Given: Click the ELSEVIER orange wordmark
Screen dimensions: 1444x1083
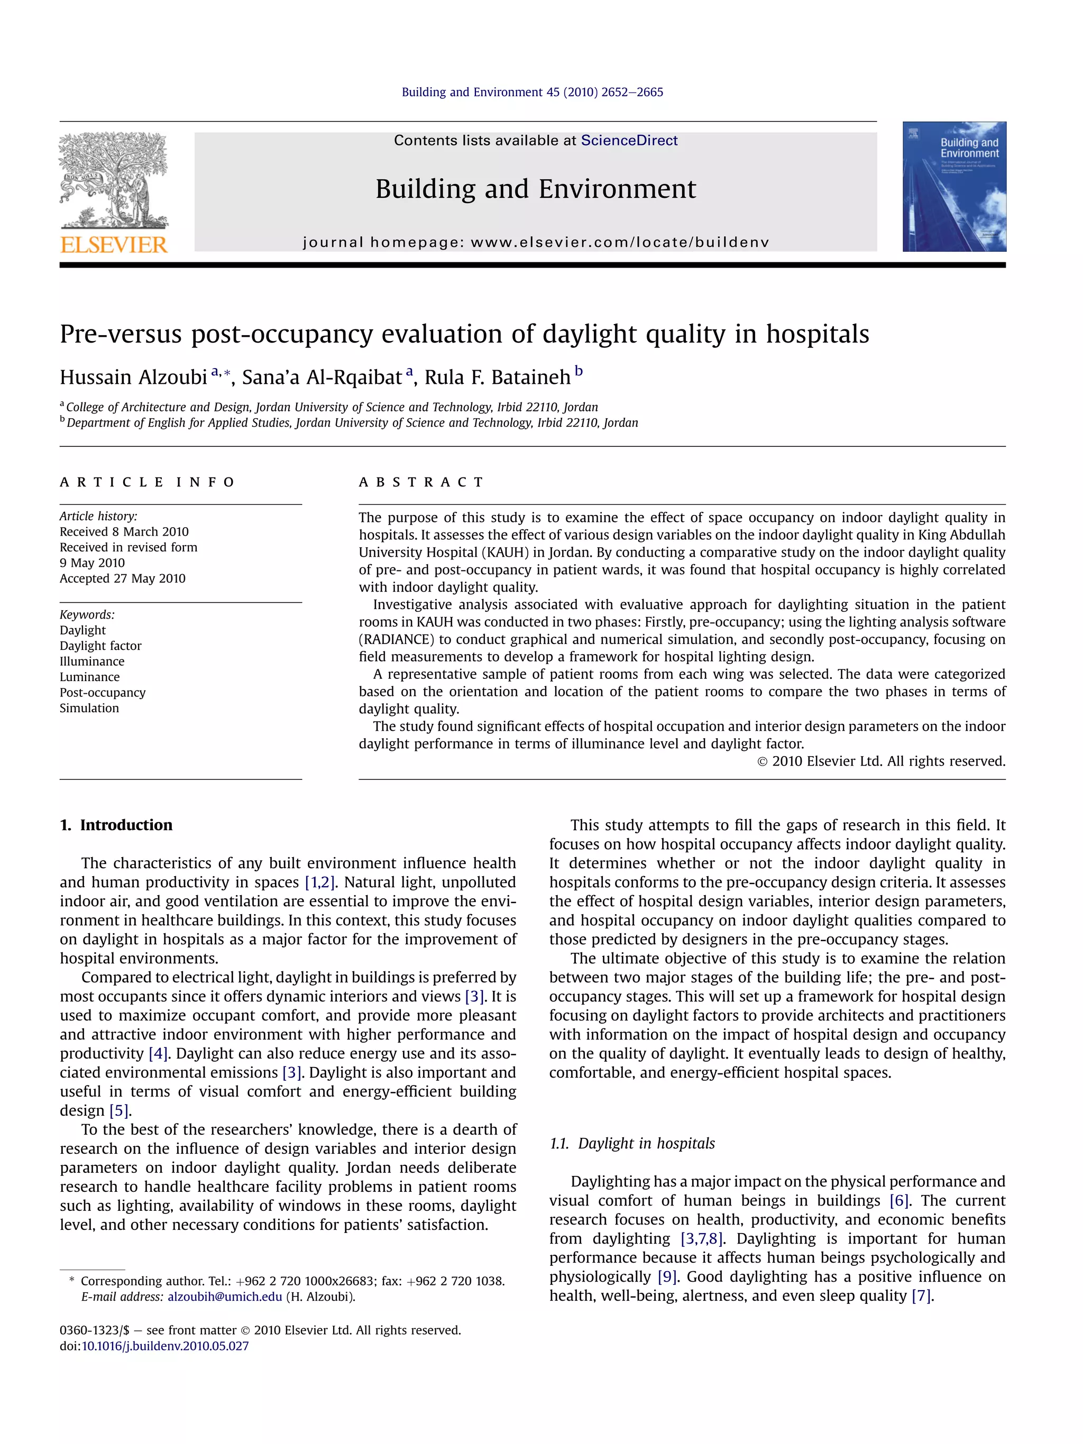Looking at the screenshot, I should (x=114, y=245).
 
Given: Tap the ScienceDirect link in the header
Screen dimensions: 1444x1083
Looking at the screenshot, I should (x=629, y=140).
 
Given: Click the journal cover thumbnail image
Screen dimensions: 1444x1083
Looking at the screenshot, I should (x=954, y=187).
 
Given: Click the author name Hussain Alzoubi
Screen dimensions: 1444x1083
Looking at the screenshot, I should (x=133, y=378).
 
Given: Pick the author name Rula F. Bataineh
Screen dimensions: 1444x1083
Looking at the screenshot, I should (x=498, y=378).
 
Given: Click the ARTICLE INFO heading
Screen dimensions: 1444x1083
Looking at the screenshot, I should (x=147, y=482).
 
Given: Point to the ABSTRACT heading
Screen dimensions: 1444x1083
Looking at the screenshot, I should (x=421, y=482).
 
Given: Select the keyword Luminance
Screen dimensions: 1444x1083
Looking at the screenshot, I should (x=89, y=677).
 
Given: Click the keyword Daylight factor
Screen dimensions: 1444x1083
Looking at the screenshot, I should (x=100, y=646).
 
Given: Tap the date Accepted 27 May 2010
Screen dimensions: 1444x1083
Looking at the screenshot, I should (x=122, y=578).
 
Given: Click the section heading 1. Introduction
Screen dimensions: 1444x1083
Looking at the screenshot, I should (x=116, y=825).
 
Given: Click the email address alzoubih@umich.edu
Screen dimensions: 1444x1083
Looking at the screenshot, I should (x=225, y=1296).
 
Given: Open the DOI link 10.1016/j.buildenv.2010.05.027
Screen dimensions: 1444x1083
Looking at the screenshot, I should (x=164, y=1346).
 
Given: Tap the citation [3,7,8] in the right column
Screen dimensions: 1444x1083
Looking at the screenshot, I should (x=701, y=1238).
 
